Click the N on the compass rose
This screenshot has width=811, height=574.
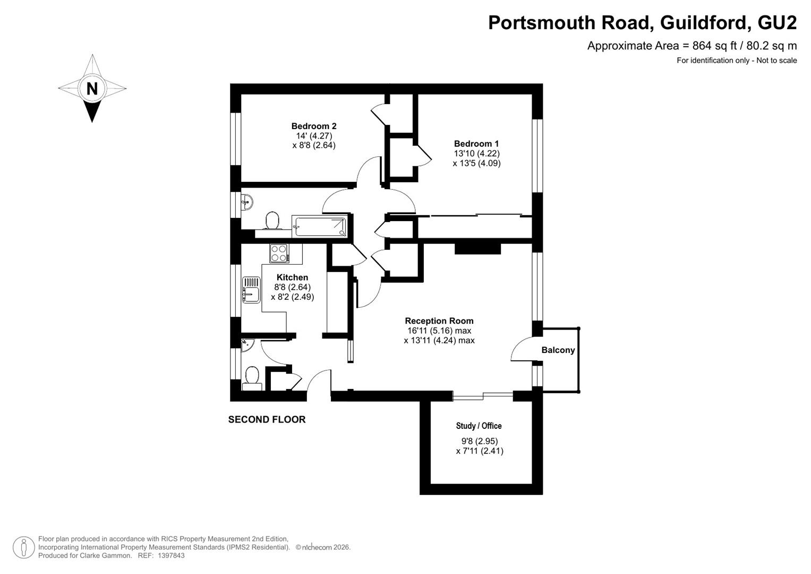(x=92, y=88)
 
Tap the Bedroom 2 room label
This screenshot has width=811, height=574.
(x=314, y=126)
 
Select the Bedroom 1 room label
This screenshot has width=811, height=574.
(x=476, y=143)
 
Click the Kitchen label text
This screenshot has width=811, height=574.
(x=292, y=277)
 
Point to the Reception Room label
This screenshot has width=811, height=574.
(x=439, y=320)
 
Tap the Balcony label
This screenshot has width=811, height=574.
(x=558, y=350)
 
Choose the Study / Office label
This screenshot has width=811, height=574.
(x=479, y=426)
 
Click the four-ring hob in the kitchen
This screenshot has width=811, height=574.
(x=279, y=254)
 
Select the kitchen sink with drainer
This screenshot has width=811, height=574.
(x=251, y=290)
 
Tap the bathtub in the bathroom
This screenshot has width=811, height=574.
(x=319, y=226)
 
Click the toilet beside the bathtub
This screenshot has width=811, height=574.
(x=272, y=221)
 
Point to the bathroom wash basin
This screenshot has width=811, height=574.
(x=247, y=202)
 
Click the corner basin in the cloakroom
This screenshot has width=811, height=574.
(x=247, y=345)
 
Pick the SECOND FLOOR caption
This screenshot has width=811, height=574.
(x=267, y=419)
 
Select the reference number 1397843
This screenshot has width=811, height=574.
(x=171, y=555)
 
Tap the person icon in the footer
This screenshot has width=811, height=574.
(x=24, y=547)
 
